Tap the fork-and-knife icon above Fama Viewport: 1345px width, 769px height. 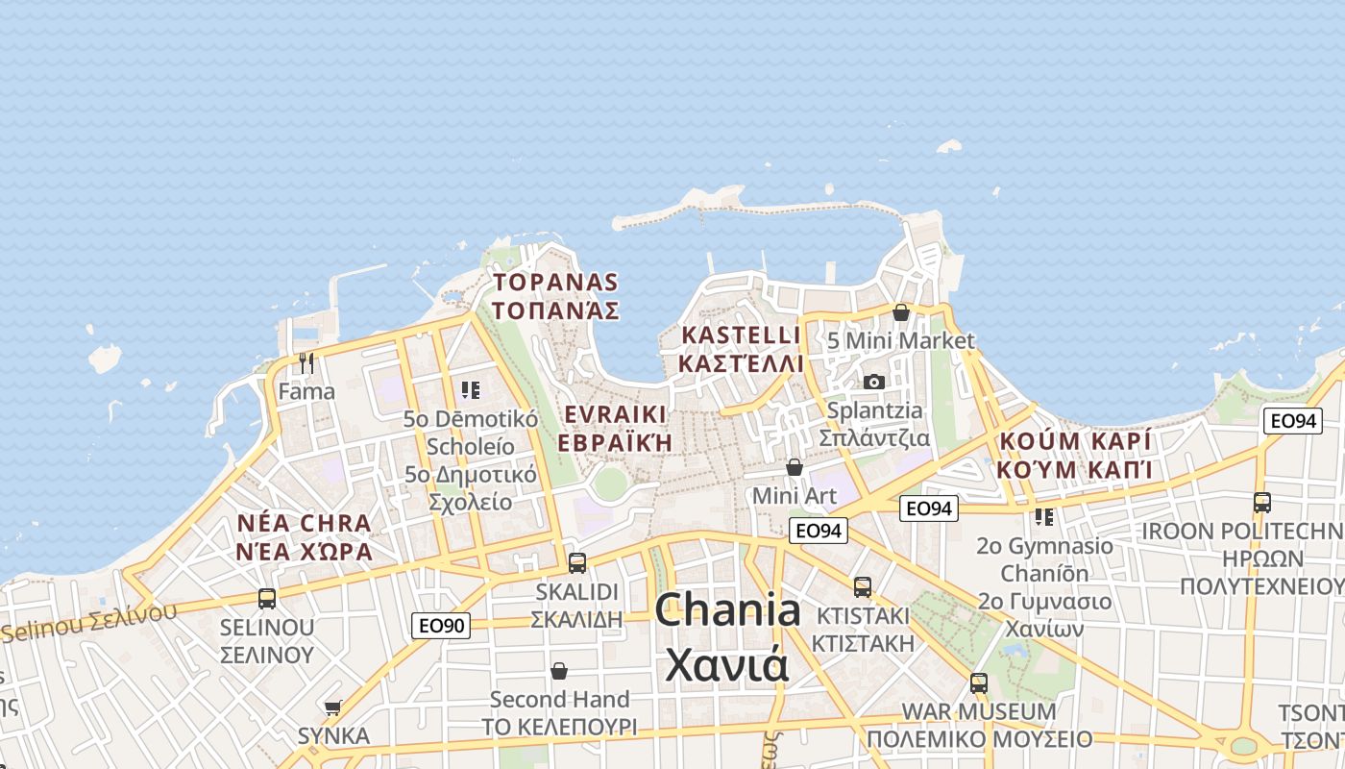[306, 362]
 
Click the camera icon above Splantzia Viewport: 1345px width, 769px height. [873, 382]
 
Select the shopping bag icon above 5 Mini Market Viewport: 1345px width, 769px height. [900, 312]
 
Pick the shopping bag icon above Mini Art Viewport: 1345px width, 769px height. [795, 467]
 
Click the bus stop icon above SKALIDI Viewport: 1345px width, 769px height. [576, 562]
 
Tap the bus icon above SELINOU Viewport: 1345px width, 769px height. [267, 598]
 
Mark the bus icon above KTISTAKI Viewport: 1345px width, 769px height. [863, 586]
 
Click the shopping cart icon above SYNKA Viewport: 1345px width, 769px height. [332, 707]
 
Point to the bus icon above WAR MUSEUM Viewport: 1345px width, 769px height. [978, 683]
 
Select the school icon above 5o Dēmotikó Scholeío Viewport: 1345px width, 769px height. [470, 389]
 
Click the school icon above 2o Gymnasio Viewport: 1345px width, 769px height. [1044, 517]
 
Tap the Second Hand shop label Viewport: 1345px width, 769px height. [559, 699]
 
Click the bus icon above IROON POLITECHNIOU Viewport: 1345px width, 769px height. [1261, 502]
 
